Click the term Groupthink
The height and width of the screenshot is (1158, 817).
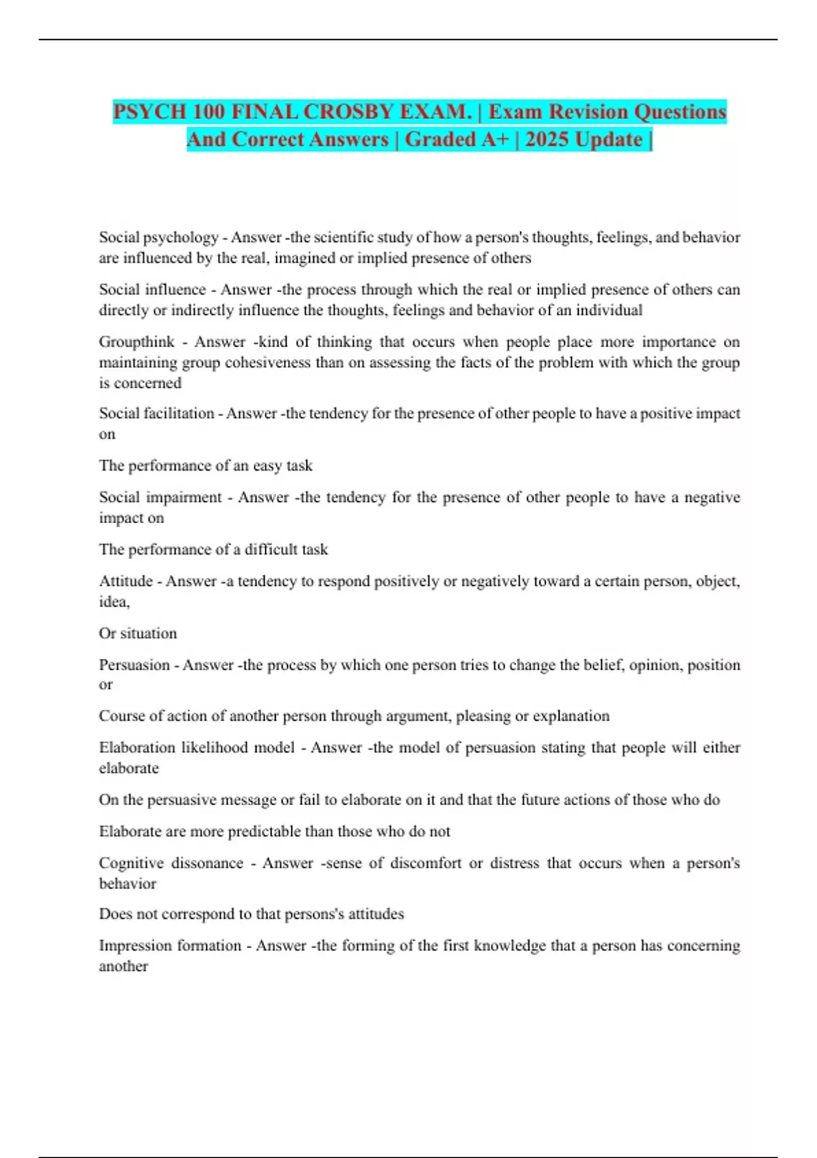click(x=137, y=342)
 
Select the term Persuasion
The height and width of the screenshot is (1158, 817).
click(x=134, y=665)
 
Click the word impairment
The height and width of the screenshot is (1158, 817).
click(x=185, y=497)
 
